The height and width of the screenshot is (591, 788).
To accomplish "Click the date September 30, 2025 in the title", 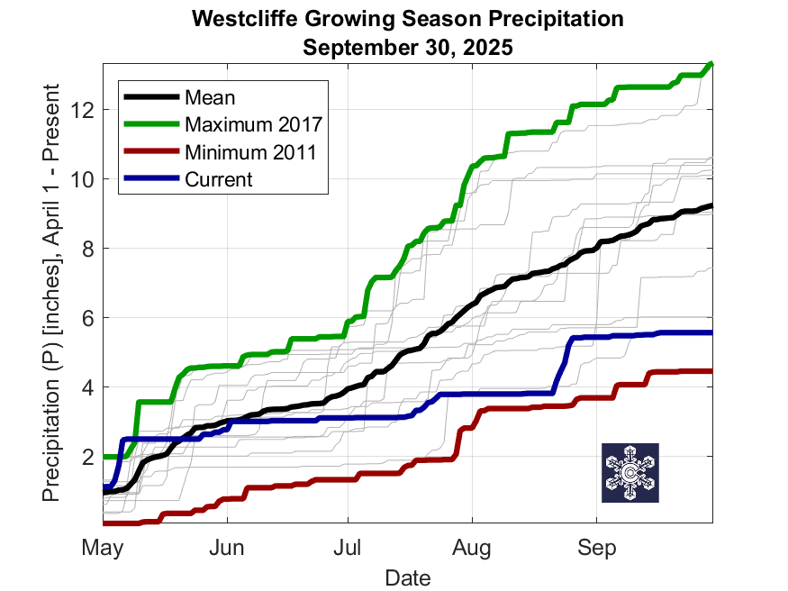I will (408, 47).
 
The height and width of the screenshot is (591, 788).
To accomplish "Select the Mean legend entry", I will (209, 96).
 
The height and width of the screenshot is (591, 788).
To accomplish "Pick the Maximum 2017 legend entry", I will (253, 123).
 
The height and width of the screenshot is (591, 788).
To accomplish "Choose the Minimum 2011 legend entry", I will (249, 151).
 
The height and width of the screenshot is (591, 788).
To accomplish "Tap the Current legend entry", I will (219, 178).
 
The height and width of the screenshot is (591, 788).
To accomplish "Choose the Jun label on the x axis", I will (227, 547).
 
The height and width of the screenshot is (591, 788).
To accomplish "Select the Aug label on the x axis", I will (471, 547).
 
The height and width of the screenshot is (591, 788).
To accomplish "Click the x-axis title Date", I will (407, 577).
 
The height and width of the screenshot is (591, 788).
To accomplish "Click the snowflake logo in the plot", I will (630, 473).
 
